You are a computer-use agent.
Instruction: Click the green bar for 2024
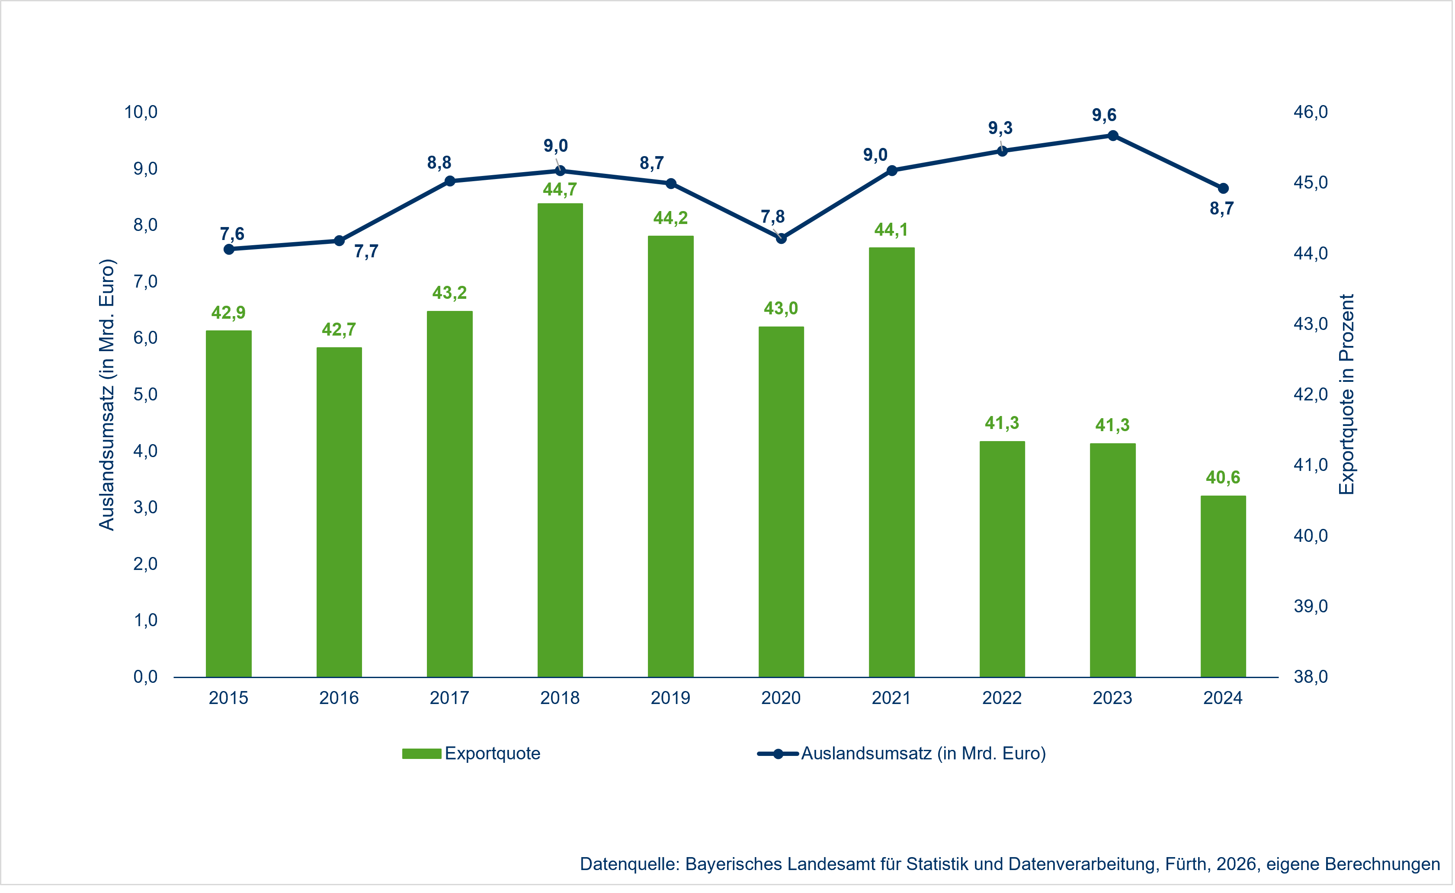coord(1223,586)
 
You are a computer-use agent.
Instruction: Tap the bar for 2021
coord(891,462)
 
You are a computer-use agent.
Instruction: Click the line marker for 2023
coord(1112,136)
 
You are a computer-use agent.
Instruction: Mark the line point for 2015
coord(229,249)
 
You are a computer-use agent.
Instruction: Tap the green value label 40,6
coord(1223,477)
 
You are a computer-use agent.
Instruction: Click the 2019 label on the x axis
coord(670,698)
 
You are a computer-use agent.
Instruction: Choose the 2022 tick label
coord(1002,698)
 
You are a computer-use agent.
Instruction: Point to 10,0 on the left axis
coord(141,112)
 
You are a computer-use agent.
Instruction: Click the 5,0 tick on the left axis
coord(145,394)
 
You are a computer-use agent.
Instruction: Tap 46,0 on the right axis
coord(1310,112)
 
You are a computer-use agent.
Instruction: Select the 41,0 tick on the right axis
coord(1310,465)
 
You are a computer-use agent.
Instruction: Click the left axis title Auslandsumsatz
coord(106,394)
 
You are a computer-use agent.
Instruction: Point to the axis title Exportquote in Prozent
coord(1346,394)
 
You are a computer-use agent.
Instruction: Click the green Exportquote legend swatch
coord(421,754)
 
